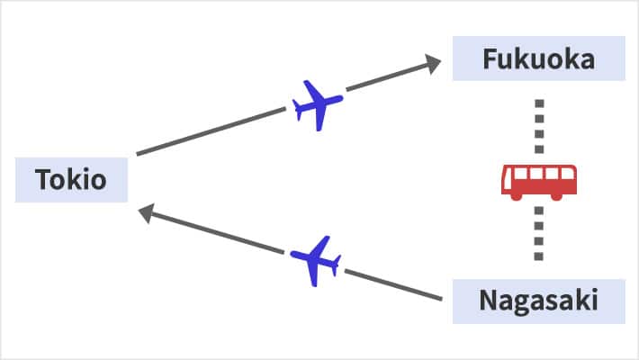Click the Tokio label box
(71, 180)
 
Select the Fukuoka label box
(539, 58)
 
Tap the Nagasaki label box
(539, 301)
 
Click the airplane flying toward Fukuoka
(318, 105)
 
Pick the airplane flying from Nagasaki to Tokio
(315, 261)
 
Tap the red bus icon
(539, 182)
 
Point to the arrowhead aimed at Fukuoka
(432, 64)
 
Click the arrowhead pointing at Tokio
(147, 213)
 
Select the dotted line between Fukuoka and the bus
(539, 126)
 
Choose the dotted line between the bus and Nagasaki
(539, 234)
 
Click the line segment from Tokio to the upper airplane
(211, 131)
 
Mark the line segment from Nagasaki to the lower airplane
(393, 284)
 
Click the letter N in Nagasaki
(488, 301)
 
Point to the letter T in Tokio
(44, 179)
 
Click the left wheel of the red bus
(517, 196)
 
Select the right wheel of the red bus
(557, 196)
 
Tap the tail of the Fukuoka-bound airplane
(298, 110)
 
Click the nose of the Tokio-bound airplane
(292, 254)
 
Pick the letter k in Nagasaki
(581, 300)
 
